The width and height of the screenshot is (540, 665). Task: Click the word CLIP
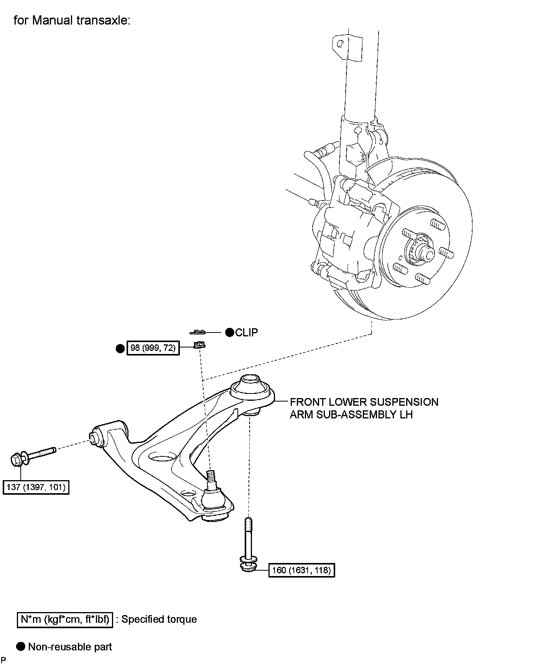click(247, 332)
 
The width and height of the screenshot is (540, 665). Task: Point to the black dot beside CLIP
click(229, 332)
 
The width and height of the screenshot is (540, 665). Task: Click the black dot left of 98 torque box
click(120, 348)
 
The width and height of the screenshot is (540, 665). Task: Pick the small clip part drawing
click(198, 331)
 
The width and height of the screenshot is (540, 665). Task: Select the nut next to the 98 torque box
click(199, 345)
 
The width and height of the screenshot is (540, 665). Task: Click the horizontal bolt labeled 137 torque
click(33, 456)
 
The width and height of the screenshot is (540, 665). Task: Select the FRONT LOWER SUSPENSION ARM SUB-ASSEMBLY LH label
click(364, 408)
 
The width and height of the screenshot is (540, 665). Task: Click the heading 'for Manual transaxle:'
click(72, 20)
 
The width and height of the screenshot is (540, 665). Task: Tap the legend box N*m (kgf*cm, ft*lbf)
click(65, 619)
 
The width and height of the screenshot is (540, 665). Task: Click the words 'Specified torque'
click(159, 619)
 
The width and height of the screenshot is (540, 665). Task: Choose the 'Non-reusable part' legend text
click(70, 647)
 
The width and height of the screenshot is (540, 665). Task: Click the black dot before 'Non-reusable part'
click(21, 647)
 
